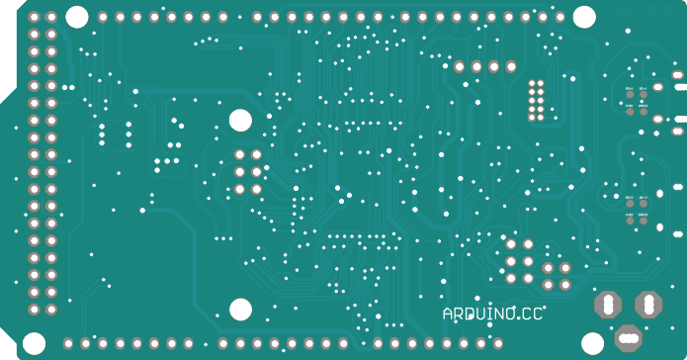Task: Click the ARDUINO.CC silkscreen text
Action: pyautogui.click(x=493, y=314)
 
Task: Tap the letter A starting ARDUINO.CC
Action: pyautogui.click(x=448, y=314)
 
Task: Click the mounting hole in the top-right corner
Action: pyautogui.click(x=584, y=17)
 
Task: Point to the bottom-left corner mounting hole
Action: pyautogui.click(x=35, y=343)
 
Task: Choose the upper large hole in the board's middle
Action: pyautogui.click(x=240, y=121)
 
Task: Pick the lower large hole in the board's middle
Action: pyautogui.click(x=240, y=310)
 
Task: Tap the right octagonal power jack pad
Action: pyautogui.click(x=648, y=304)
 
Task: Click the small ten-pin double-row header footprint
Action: pyautogui.click(x=537, y=99)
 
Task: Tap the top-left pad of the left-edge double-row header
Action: pyautogui.click(x=35, y=18)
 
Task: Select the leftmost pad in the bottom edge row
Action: pyautogui.click(x=68, y=343)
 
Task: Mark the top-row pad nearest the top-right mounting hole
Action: pyautogui.click(x=558, y=17)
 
